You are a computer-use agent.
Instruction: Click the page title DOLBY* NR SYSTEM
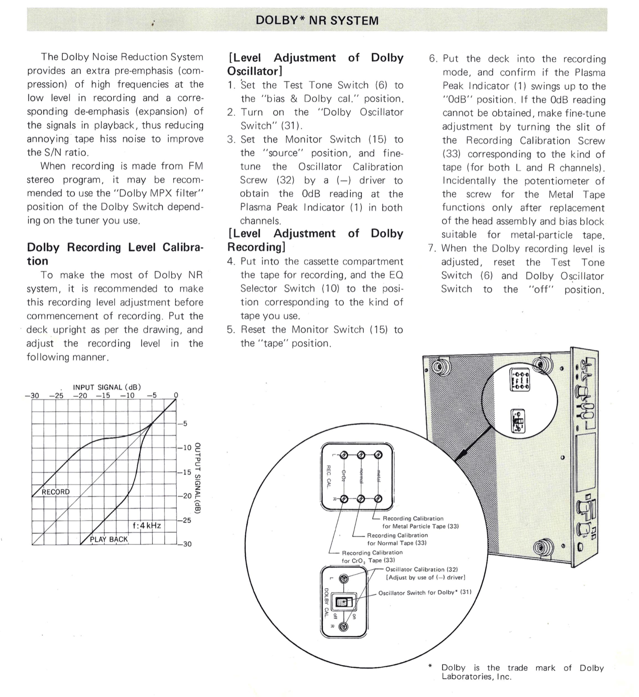pos(317,20)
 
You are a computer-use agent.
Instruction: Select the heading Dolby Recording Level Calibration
pos(115,254)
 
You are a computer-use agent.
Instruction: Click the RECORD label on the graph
pos(55,492)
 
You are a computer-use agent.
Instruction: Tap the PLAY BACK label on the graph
pos(109,539)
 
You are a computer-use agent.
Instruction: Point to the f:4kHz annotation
pos(147,526)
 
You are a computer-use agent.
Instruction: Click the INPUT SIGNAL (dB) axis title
pos(107,387)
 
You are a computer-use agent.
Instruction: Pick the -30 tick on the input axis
pos(32,396)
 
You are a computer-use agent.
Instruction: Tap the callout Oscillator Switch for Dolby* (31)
pos(424,592)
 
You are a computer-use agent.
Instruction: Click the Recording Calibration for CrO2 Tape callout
pos(372,556)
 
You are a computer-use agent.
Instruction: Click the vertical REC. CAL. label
pos(330,476)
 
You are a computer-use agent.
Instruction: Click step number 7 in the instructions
pos(431,248)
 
